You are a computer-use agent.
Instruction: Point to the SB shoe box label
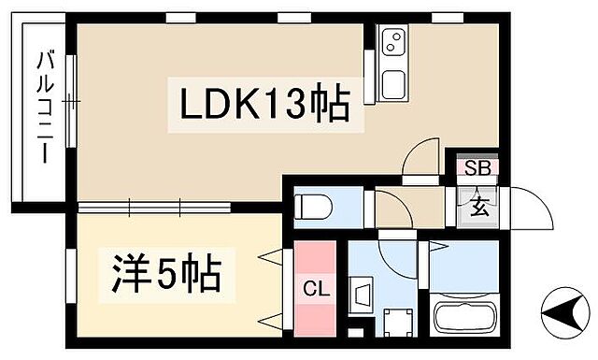point(477,169)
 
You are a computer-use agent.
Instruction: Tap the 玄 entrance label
point(477,205)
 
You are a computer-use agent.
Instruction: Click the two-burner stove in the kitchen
point(393,42)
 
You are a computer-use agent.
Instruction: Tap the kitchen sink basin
point(393,81)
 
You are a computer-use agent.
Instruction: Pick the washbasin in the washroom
point(362,295)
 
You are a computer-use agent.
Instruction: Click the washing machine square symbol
point(401,324)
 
